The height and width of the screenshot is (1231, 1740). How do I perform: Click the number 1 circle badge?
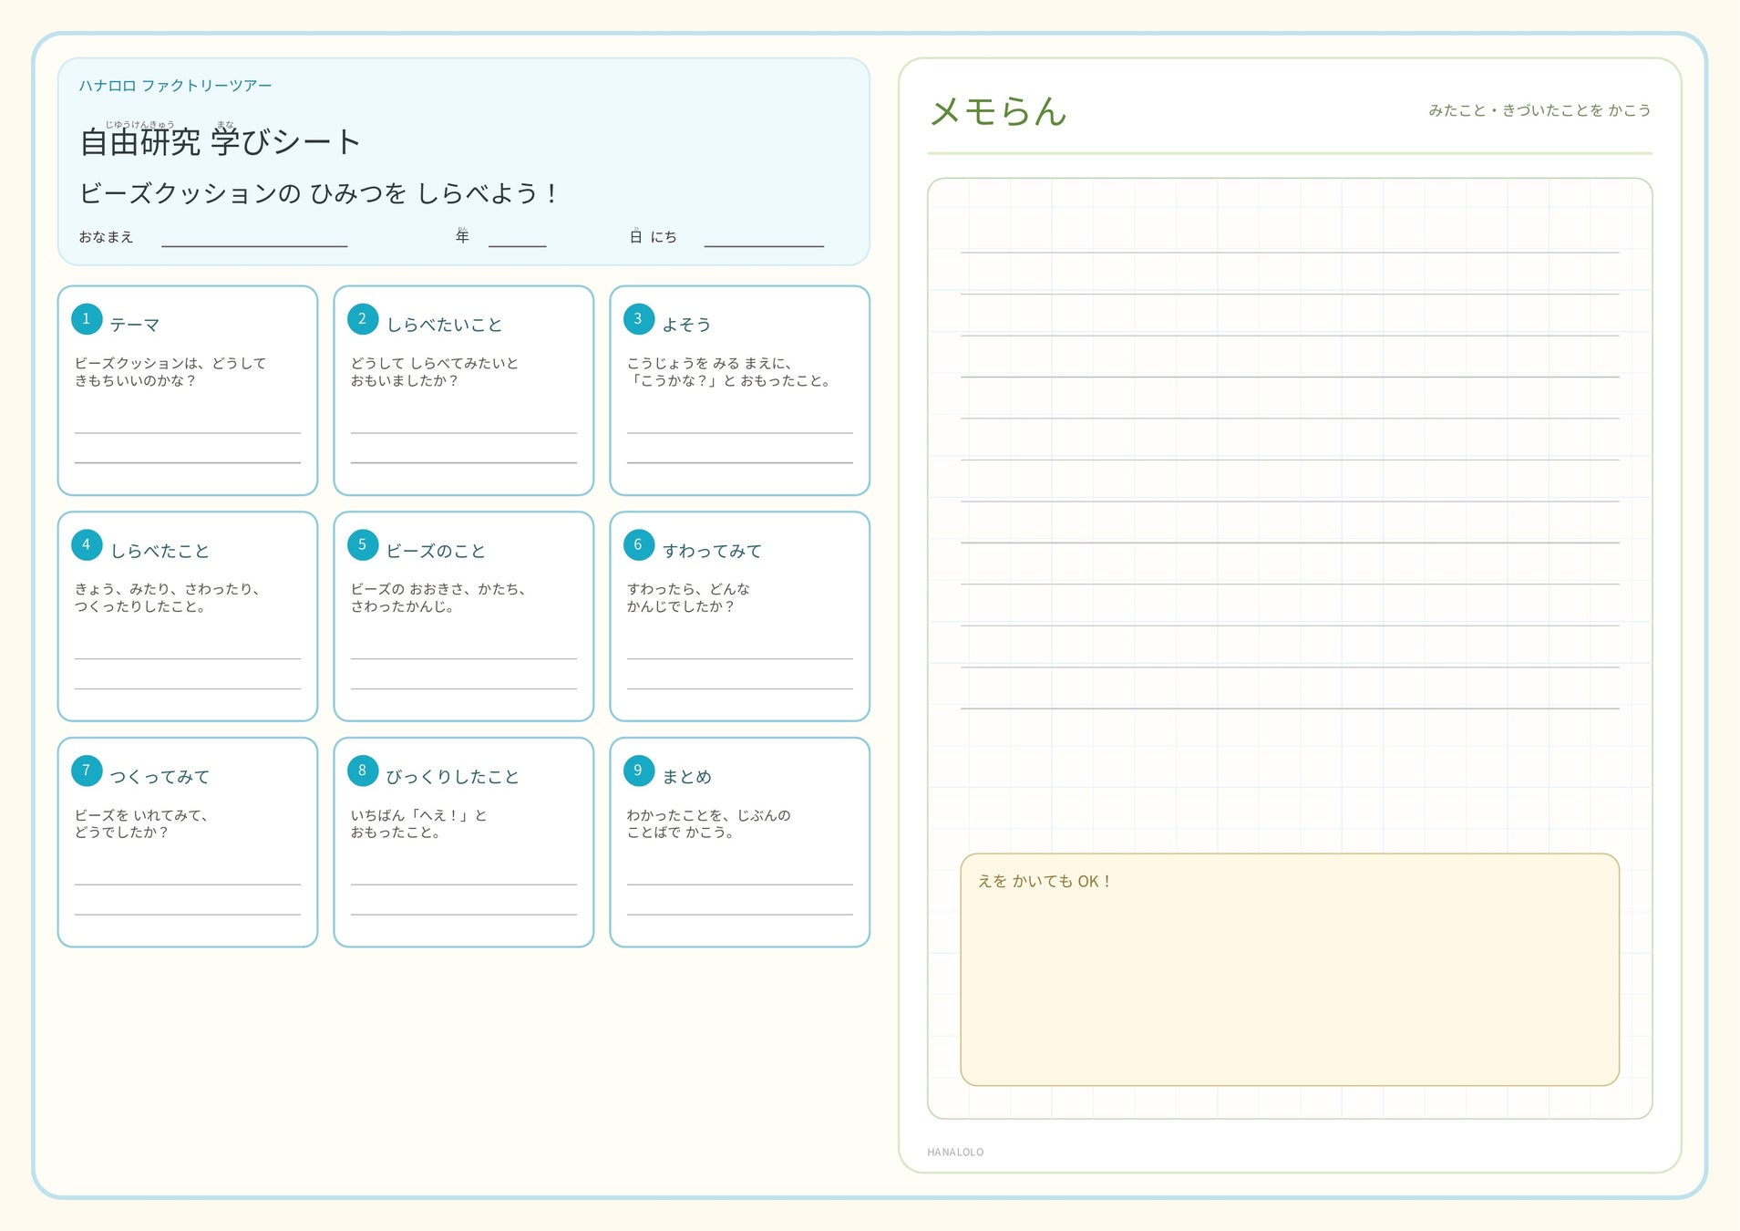(x=87, y=319)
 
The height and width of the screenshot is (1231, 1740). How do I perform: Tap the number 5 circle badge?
(x=363, y=545)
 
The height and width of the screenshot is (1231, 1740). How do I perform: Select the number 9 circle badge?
(x=639, y=771)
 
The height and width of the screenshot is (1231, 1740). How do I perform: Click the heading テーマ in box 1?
(x=135, y=325)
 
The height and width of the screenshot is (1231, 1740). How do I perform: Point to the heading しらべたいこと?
(x=444, y=325)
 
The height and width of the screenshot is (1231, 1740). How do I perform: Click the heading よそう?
(x=686, y=325)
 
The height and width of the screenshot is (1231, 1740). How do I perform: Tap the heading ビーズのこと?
(x=436, y=551)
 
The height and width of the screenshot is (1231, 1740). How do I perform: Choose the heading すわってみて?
(x=712, y=551)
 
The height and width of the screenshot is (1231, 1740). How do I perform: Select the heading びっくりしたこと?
(x=452, y=777)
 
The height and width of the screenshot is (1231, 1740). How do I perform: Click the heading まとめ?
(x=686, y=777)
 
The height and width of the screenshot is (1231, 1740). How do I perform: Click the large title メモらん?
(x=998, y=111)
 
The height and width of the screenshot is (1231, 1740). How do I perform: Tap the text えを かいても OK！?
(x=1045, y=881)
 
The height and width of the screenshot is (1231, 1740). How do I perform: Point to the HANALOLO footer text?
(x=955, y=1153)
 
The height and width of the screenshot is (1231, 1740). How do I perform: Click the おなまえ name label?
(x=106, y=237)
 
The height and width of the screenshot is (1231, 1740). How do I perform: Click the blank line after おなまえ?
(x=254, y=246)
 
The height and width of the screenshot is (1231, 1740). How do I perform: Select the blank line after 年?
(x=517, y=246)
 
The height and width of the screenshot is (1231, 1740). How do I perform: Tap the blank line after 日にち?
(x=764, y=246)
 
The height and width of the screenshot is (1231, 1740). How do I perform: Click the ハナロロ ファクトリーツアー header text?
(x=175, y=86)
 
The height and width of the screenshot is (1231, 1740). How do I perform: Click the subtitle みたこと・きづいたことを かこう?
(x=1539, y=110)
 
